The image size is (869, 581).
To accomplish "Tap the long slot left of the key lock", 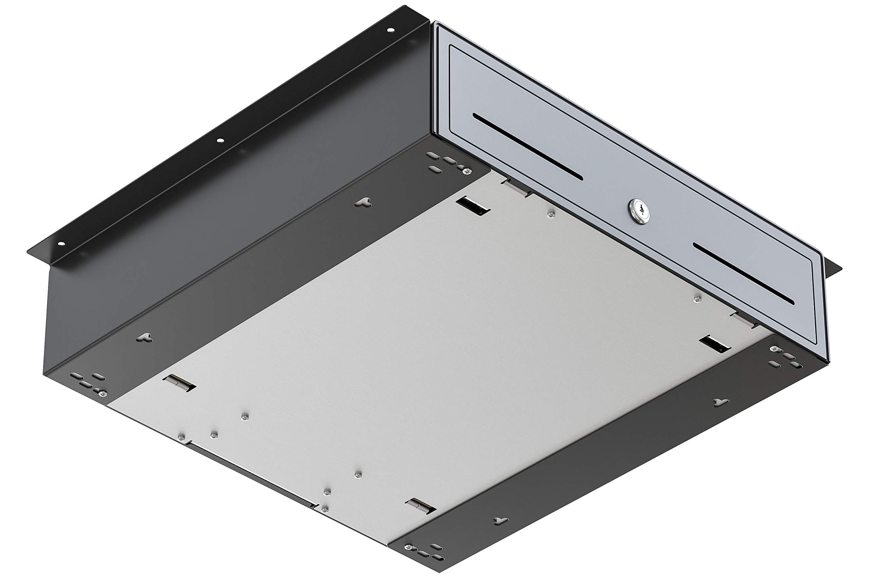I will tap(527, 147).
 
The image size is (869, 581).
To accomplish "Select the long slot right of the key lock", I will tap(743, 273).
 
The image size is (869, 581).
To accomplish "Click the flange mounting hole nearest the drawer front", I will tap(390, 30).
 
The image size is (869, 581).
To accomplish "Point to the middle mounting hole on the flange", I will tap(220, 140).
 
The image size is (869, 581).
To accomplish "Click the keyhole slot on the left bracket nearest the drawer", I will tap(363, 202).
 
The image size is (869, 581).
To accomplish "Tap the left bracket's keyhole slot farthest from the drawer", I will tap(144, 337).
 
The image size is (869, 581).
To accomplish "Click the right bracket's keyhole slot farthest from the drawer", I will tap(500, 521).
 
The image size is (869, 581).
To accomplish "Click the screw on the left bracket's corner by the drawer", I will tap(467, 171).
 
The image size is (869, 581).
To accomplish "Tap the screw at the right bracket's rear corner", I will tap(409, 547).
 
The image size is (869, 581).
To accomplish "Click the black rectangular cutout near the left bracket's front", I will tap(473, 206).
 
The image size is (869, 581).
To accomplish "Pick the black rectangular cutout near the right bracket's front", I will tap(714, 344).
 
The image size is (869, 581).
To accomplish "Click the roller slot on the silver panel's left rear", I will tap(180, 384).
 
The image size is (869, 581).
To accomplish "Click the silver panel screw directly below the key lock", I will tap(551, 214).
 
